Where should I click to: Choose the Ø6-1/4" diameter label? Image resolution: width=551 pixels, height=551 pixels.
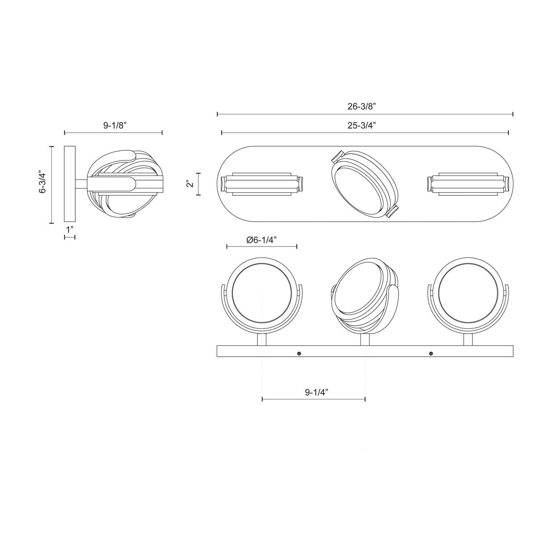(x=261, y=240)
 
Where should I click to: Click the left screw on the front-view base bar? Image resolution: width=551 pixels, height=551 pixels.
(x=299, y=353)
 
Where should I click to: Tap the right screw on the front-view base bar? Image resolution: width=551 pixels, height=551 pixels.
(x=431, y=353)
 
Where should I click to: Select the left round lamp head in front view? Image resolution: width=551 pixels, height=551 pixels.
(x=262, y=295)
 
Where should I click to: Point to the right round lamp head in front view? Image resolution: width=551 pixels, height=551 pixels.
(x=468, y=295)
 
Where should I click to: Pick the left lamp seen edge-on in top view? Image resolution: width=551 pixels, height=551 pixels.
(x=261, y=184)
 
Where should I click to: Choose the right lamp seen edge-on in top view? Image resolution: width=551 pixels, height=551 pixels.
(x=468, y=184)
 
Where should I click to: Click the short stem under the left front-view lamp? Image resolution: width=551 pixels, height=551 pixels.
(x=261, y=339)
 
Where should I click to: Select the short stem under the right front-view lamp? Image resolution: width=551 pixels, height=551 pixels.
(x=468, y=339)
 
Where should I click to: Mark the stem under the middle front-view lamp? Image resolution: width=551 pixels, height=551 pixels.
(x=365, y=339)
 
